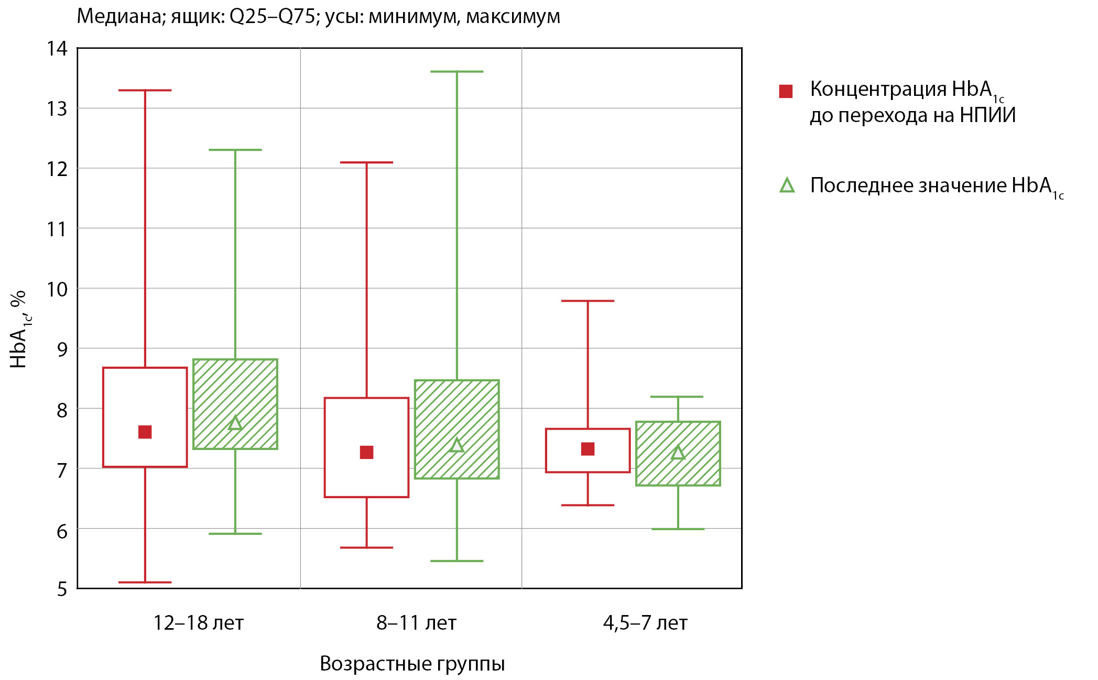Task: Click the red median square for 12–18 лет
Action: coord(145,432)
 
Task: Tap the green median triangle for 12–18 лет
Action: coord(235,423)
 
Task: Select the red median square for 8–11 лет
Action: coord(366,452)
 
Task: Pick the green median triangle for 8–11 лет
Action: coord(456,445)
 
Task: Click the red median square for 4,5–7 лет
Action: coord(588,449)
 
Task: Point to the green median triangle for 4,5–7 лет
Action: coord(678,453)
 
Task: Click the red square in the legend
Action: coord(786,91)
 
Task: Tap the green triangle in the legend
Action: coord(787,185)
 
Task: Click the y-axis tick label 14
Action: coord(57,49)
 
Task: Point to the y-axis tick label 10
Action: coord(57,289)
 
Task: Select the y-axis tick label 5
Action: coord(62,589)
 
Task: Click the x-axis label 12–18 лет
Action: coord(198,623)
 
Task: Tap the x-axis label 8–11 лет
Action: coord(416,623)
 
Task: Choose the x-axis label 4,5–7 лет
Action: coord(645,623)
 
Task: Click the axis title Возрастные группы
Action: coord(412,664)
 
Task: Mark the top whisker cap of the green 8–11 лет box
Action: coord(456,72)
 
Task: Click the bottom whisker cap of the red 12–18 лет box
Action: coord(145,582)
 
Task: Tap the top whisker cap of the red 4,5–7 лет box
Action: coord(588,301)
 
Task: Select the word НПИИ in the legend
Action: coord(987,115)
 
